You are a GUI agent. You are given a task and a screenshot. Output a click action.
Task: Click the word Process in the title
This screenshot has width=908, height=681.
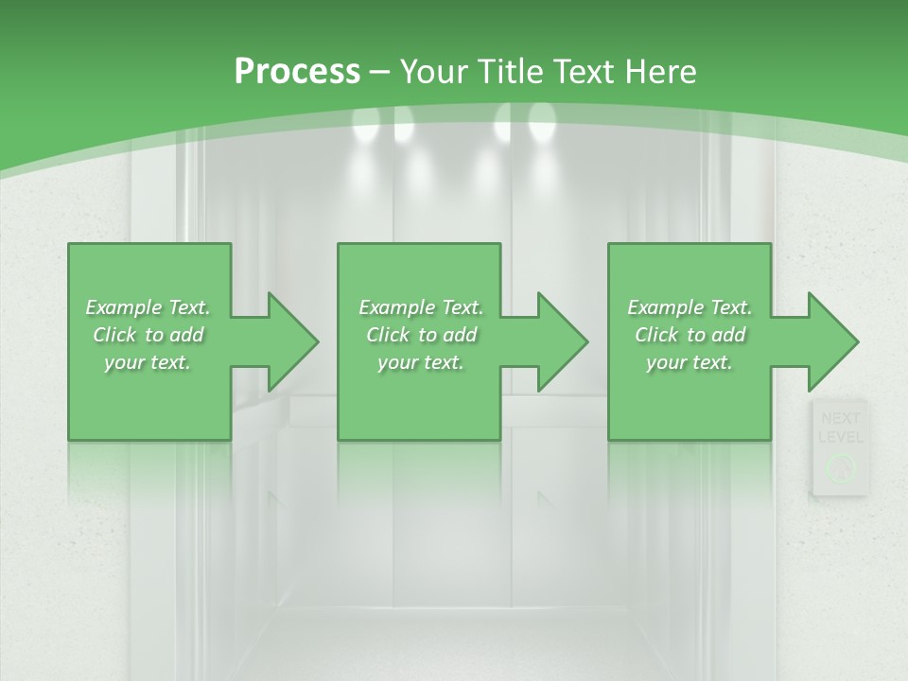click(x=296, y=72)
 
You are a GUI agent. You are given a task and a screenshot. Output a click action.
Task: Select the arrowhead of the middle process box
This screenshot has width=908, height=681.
click(x=561, y=341)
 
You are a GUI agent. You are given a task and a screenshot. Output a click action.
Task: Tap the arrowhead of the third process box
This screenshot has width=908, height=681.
click(x=831, y=341)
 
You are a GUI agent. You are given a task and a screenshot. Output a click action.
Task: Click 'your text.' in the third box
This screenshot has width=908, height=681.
click(x=690, y=362)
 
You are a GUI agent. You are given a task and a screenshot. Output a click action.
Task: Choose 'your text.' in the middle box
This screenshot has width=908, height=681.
click(x=421, y=362)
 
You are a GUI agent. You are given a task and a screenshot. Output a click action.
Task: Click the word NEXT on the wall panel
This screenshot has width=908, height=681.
click(x=839, y=418)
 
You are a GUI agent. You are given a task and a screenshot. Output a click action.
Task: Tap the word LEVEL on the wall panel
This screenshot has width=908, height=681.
click(x=839, y=437)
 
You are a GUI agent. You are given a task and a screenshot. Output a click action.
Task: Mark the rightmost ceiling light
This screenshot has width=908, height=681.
click(x=542, y=119)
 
